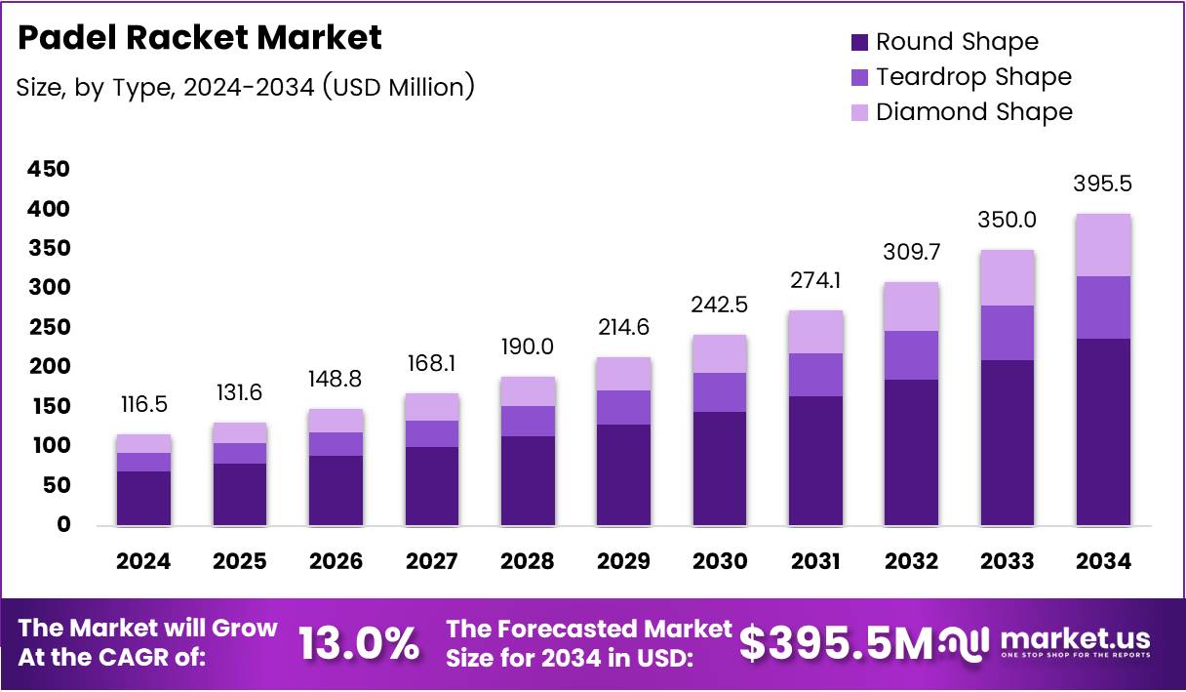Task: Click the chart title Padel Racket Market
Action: click(x=200, y=38)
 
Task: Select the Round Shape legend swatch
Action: click(x=859, y=42)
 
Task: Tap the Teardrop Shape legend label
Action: click(x=973, y=77)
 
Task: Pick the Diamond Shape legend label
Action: click(x=973, y=112)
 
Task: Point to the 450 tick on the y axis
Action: click(x=49, y=170)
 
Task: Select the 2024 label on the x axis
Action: click(x=143, y=561)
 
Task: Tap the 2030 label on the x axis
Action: click(x=720, y=561)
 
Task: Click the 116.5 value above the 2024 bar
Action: click(x=143, y=404)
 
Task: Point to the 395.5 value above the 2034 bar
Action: click(x=1103, y=183)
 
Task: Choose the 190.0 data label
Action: click(x=528, y=347)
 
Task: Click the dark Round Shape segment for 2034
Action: click(x=1103, y=431)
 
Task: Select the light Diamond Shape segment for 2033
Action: click(x=1008, y=278)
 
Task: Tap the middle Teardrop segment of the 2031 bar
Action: click(x=815, y=375)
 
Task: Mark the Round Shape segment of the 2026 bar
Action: click(x=336, y=490)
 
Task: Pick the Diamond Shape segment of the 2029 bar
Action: click(x=623, y=374)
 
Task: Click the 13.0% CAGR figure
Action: click(x=359, y=643)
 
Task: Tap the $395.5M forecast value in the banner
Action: click(x=836, y=642)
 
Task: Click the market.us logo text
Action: click(x=1075, y=639)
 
